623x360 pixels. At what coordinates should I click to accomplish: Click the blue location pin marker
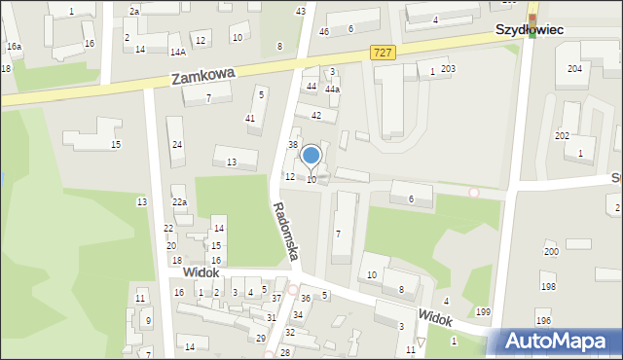point(311,156)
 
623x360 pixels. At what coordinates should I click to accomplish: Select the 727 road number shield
point(383,52)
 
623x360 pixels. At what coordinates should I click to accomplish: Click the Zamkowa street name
point(203,76)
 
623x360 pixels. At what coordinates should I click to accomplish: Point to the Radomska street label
point(287,237)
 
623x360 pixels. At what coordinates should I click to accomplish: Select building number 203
point(448,68)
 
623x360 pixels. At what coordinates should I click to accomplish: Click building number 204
point(574,69)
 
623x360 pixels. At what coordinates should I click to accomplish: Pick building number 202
point(562,135)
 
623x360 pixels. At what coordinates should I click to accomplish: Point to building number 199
point(483,311)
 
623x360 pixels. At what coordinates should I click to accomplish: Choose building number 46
point(324,32)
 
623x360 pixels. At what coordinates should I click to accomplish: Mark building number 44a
point(332,89)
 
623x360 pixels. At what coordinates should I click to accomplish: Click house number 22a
point(180,201)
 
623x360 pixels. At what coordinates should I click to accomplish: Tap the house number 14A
point(177,52)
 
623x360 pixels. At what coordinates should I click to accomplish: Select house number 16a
point(14,47)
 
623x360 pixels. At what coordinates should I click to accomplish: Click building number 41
point(250,118)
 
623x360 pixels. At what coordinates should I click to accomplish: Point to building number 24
point(177,145)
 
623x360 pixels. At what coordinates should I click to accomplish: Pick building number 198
point(548,287)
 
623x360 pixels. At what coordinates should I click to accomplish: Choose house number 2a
point(134,11)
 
